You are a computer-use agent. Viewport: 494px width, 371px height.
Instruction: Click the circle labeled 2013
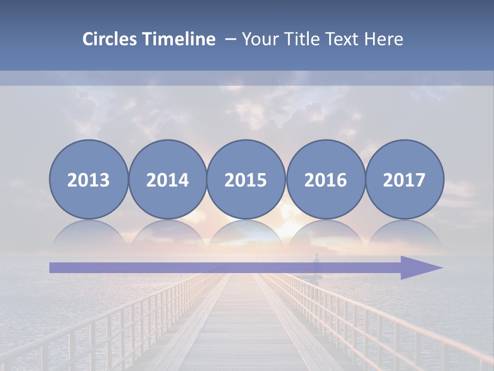click(89, 179)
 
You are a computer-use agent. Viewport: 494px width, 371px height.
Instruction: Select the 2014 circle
click(167, 179)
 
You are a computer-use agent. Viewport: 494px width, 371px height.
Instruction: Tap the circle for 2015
click(246, 179)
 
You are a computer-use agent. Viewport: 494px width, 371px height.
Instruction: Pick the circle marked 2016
click(326, 179)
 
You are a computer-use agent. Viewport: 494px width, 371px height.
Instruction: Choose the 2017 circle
click(404, 179)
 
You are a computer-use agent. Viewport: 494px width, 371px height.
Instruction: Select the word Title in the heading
click(295, 39)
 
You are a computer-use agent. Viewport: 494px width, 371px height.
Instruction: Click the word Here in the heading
click(383, 39)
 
